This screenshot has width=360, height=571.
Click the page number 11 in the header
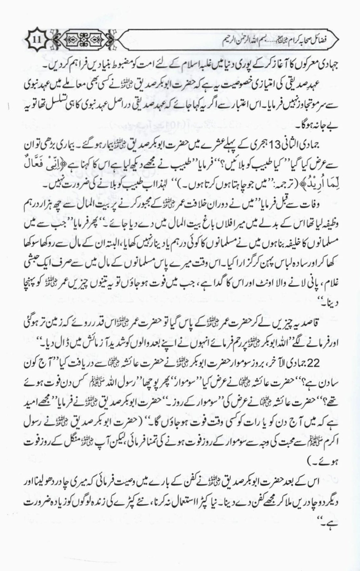(x=36, y=41)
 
